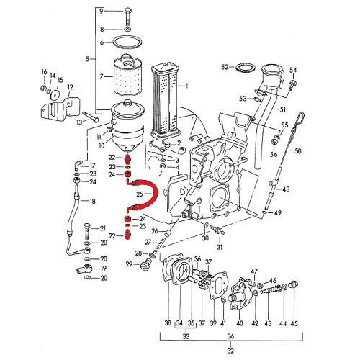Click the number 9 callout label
(x=102, y=11)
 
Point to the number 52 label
(x=225, y=67)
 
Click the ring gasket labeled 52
(x=243, y=68)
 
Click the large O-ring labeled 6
(x=127, y=42)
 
